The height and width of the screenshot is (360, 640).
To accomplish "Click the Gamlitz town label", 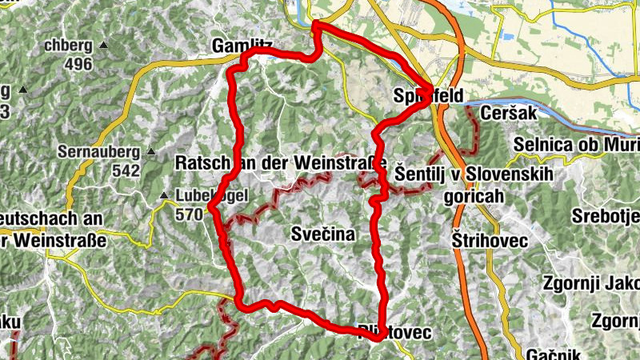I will pyautogui.click(x=242, y=47).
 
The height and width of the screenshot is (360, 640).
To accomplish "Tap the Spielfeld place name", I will pyautogui.click(x=429, y=96).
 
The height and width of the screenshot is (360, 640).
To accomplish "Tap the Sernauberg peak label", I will pyautogui.click(x=98, y=151).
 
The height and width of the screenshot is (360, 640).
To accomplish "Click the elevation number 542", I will pyautogui.click(x=126, y=170).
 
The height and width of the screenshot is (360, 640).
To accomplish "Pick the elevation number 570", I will pyautogui.click(x=189, y=214).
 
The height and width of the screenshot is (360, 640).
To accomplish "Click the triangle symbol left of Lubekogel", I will pyautogui.click(x=164, y=195).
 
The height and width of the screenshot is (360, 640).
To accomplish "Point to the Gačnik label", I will pyautogui.click(x=554, y=354).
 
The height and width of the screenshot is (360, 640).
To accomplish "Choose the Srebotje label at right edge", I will pyautogui.click(x=606, y=216).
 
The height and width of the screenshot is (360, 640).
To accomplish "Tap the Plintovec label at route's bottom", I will pyautogui.click(x=395, y=330).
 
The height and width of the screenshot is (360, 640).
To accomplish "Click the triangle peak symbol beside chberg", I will pyautogui.click(x=103, y=45).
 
